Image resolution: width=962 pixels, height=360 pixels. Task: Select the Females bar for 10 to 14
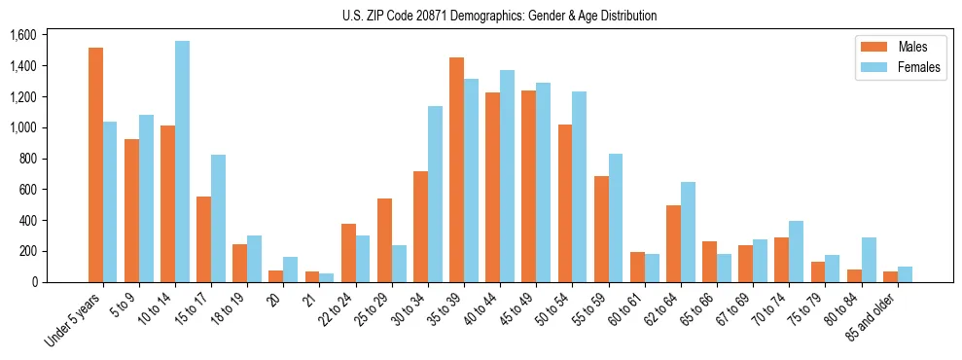[182, 162]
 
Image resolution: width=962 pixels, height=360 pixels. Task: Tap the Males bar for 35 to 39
[456, 169]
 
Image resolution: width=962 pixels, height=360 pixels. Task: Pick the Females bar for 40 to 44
[507, 176]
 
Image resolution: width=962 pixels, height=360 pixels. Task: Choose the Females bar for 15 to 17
[218, 218]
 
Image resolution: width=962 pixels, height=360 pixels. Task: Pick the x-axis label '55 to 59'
[589, 310]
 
